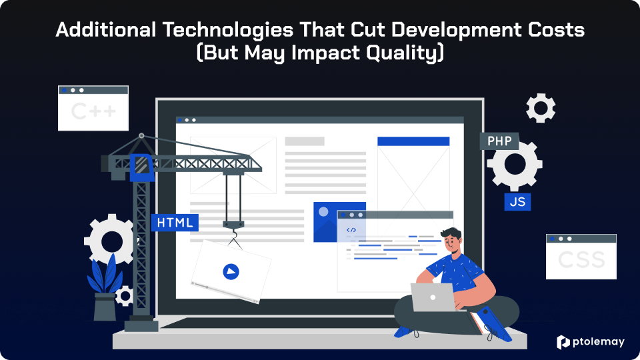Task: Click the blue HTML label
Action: [x=175, y=223]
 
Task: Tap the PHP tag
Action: [x=499, y=141]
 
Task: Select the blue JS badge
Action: [x=517, y=201]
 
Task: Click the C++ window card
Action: [x=93, y=108]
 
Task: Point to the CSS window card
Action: [x=581, y=257]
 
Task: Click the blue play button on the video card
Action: [x=231, y=271]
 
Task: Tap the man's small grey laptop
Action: [x=433, y=297]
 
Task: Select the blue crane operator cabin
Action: [x=142, y=167]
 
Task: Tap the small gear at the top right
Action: [x=541, y=108]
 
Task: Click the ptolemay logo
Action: [x=591, y=342]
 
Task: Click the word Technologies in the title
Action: [x=228, y=30]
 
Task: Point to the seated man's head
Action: [x=452, y=241]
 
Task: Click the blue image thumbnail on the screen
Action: [x=339, y=222]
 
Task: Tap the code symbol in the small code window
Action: [x=351, y=230]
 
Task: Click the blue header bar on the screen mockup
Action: [x=413, y=141]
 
